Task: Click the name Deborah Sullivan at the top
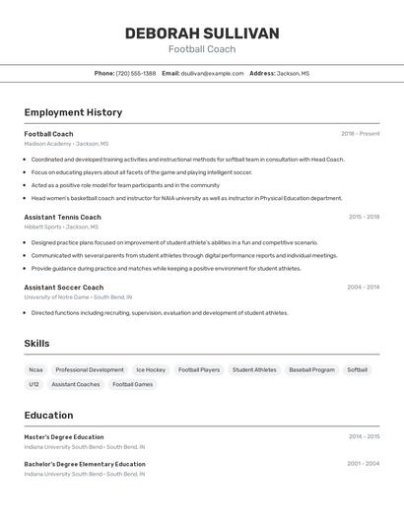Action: click(202, 33)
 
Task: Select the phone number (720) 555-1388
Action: click(136, 73)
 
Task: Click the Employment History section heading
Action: click(73, 112)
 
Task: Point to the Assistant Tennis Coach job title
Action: click(62, 217)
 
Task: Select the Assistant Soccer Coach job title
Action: click(64, 288)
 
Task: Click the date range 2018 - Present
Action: click(360, 134)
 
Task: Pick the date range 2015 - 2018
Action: click(364, 217)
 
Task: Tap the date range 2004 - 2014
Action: click(363, 288)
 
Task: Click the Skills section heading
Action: click(37, 344)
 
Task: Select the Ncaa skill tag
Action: click(36, 370)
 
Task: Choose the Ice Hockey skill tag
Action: click(151, 370)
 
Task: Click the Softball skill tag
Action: click(357, 370)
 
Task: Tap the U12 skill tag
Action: click(34, 384)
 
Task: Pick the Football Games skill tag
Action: click(132, 384)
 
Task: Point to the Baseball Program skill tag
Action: click(311, 370)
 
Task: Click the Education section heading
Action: click(48, 415)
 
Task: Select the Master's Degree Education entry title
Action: click(64, 436)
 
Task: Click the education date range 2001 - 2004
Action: click(363, 463)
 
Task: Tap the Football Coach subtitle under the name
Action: click(202, 49)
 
